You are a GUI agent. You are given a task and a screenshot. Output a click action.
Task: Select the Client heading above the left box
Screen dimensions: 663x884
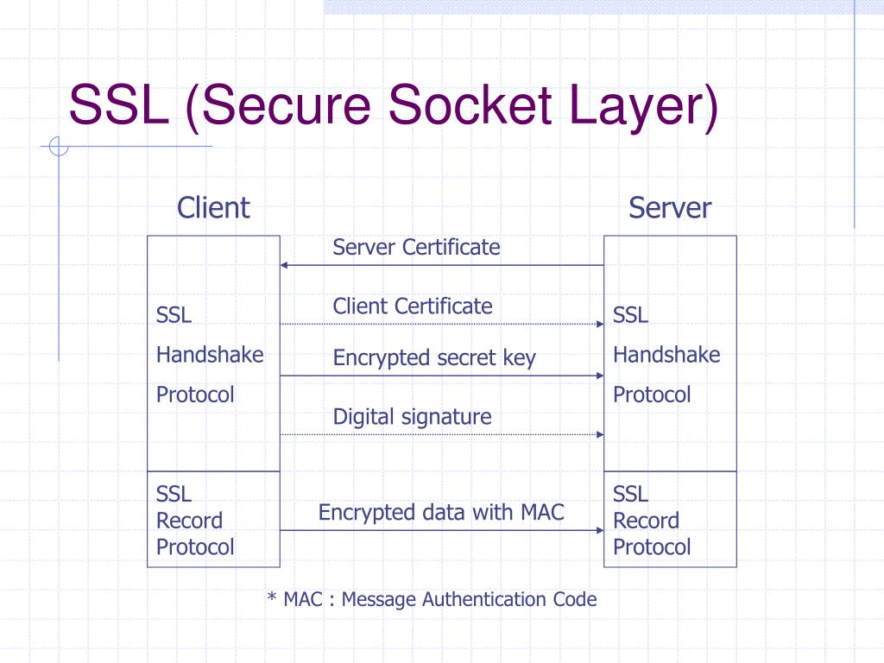[x=213, y=208]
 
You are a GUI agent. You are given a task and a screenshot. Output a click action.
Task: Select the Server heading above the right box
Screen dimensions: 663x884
[x=670, y=208]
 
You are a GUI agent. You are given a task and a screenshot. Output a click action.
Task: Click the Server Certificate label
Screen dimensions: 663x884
[x=416, y=248]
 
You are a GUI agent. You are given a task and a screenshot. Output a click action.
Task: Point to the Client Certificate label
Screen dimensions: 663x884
[x=413, y=306]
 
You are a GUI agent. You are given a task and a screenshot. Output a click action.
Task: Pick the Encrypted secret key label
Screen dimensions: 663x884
[x=434, y=358]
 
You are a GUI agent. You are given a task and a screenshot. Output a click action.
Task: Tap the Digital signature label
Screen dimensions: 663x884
[x=412, y=417]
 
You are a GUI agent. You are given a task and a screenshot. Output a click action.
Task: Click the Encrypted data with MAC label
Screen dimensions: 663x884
[x=441, y=513]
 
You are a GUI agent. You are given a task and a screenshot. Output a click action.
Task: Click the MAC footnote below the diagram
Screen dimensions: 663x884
[x=432, y=599]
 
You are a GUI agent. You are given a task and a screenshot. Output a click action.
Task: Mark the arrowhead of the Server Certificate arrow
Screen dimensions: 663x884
[x=286, y=265]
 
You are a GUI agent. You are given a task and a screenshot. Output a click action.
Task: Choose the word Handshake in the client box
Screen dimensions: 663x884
[x=210, y=355]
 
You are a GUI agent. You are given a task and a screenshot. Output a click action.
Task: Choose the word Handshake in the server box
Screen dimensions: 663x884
[x=666, y=355]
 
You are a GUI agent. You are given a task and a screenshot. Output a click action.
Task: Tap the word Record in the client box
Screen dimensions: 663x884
[x=189, y=521]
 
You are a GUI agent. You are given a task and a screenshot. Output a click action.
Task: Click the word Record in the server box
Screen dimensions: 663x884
[x=646, y=521]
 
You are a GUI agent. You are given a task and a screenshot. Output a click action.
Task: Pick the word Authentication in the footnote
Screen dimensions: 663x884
[x=484, y=599]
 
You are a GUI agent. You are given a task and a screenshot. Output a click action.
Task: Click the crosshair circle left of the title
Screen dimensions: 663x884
[x=59, y=148]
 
